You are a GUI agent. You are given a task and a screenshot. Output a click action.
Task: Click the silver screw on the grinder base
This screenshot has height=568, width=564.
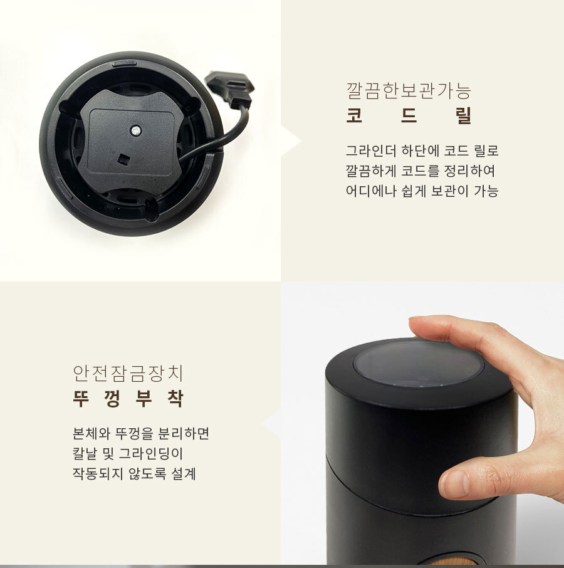coord(136,130)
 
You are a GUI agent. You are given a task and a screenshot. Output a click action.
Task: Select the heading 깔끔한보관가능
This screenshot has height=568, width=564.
coord(409,91)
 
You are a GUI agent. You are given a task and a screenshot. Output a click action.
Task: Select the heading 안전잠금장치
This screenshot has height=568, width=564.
coord(128,374)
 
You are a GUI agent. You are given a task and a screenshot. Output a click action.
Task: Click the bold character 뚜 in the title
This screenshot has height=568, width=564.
coord(82,399)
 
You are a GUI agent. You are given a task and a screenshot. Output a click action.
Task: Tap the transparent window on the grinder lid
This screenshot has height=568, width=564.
coord(418,363)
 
